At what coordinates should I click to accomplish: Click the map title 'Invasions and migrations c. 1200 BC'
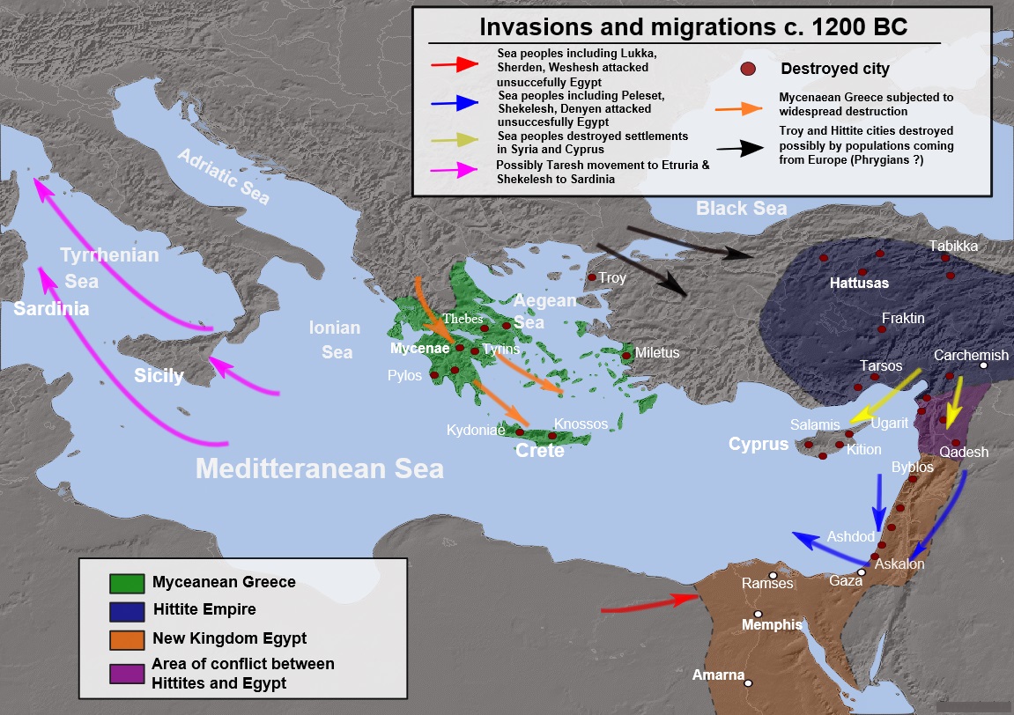pyautogui.click(x=693, y=27)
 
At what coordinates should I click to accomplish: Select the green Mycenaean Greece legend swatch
pyautogui.click(x=127, y=582)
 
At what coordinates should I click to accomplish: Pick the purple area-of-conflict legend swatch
pyautogui.click(x=127, y=673)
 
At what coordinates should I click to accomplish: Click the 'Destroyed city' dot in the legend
pyautogui.click(x=748, y=69)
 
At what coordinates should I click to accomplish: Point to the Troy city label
pyautogui.click(x=612, y=278)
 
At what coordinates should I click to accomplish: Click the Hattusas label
pyautogui.click(x=859, y=284)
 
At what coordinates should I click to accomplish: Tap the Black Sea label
pyautogui.click(x=741, y=209)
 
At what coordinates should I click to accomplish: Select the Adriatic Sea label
pyautogui.click(x=223, y=176)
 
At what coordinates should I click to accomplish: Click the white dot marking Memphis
pyautogui.click(x=757, y=615)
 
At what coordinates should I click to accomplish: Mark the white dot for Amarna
pyautogui.click(x=748, y=682)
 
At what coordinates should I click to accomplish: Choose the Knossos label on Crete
pyautogui.click(x=581, y=424)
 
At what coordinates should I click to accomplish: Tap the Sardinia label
pyautogui.click(x=51, y=309)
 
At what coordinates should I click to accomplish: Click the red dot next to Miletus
pyautogui.click(x=626, y=355)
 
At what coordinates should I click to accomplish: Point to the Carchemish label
pyautogui.click(x=971, y=355)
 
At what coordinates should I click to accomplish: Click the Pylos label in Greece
pyautogui.click(x=405, y=375)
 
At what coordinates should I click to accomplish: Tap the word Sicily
pyautogui.click(x=159, y=376)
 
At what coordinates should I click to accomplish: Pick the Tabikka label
pyautogui.click(x=953, y=247)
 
